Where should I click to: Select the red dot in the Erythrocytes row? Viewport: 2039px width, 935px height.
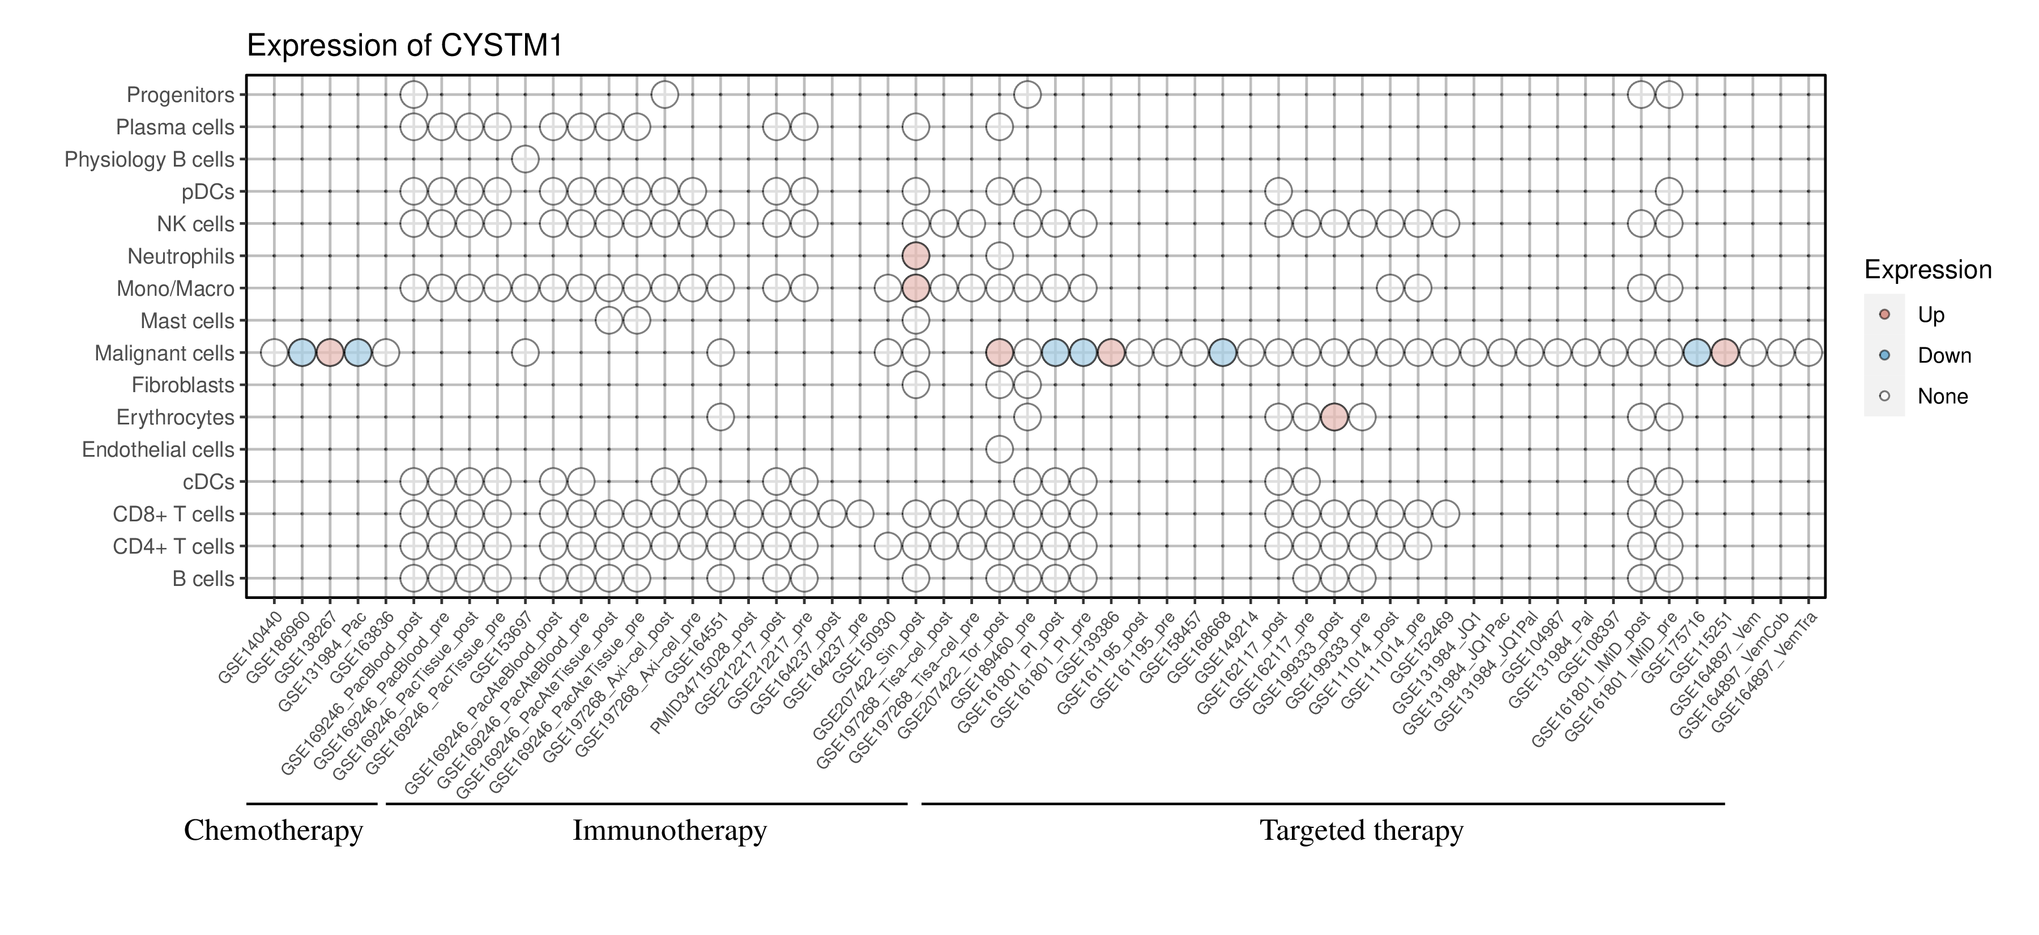click(1334, 416)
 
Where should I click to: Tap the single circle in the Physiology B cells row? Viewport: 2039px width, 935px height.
click(525, 159)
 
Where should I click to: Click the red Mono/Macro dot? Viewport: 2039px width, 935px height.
click(915, 288)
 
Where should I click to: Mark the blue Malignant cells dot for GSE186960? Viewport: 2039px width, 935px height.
click(301, 352)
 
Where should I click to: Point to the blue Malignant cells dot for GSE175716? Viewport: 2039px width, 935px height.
click(1696, 352)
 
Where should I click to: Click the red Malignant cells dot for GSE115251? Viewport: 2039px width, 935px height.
click(1725, 352)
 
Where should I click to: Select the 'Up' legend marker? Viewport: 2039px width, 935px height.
click(1884, 314)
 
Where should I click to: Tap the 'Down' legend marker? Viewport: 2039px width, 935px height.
click(1884, 355)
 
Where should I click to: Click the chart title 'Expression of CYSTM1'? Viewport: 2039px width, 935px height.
click(404, 46)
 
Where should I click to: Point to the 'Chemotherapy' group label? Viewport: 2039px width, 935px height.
click(273, 831)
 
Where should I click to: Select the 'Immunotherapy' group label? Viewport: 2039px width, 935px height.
click(669, 831)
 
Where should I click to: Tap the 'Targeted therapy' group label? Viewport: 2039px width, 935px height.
click(1362, 831)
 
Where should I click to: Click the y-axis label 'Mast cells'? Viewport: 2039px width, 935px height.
click(187, 321)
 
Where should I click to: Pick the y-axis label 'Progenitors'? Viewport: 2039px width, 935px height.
click(181, 95)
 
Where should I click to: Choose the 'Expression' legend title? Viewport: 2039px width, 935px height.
click(1927, 270)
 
